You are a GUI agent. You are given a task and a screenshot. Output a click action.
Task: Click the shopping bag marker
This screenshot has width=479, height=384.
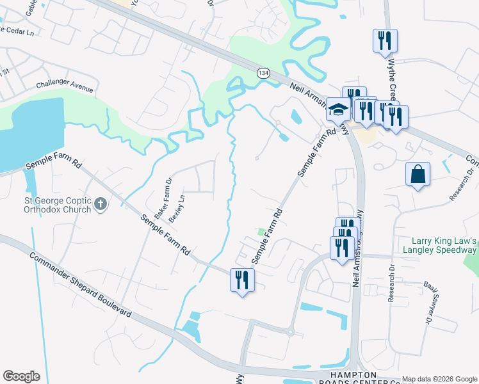[418, 174]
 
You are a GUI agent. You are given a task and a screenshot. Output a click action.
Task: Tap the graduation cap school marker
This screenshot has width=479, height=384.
[338, 109]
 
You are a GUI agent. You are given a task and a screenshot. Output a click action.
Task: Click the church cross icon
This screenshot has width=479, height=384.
[100, 205]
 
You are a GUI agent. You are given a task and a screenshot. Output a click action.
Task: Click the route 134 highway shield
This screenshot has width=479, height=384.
[263, 74]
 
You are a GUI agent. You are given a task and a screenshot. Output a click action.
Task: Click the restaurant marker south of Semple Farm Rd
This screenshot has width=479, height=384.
[242, 280]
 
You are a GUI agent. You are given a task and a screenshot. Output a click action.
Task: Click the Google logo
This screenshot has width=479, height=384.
[22, 376]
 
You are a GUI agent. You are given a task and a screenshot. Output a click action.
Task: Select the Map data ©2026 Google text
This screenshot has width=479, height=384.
[439, 379]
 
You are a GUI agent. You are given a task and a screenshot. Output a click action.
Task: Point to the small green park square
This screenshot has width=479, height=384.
[261, 232]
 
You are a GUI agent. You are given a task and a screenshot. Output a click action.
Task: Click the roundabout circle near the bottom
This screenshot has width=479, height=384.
[290, 332]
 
